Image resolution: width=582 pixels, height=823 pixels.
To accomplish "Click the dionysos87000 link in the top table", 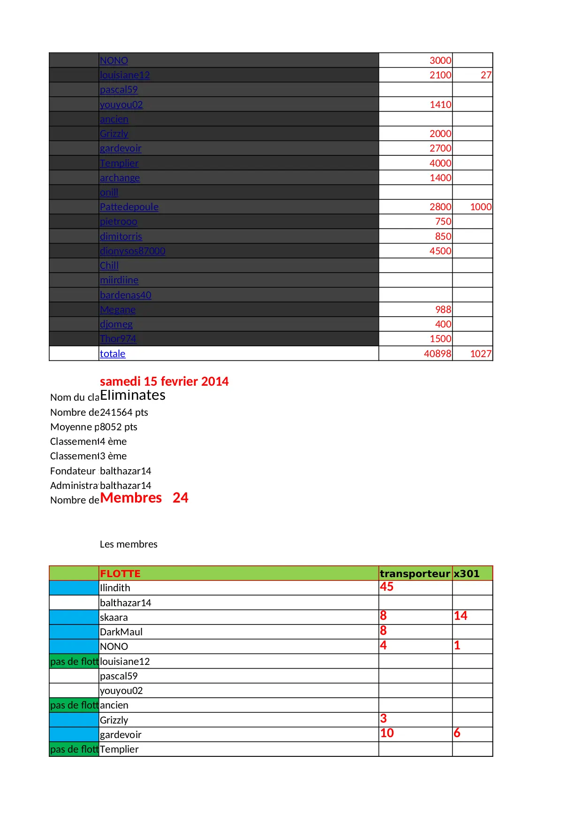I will (132, 251).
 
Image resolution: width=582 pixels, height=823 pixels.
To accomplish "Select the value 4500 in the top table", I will (440, 251).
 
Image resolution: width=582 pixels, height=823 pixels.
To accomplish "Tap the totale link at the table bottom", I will (113, 354).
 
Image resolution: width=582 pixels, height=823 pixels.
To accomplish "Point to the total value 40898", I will (437, 354).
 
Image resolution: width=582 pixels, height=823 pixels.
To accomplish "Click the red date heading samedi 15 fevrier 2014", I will (164, 381).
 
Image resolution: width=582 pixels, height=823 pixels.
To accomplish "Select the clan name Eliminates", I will (133, 395).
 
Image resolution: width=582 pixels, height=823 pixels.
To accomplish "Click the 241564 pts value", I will (124, 412).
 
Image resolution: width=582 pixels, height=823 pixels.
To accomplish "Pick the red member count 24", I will (181, 498).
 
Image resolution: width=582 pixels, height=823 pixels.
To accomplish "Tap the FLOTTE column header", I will (120, 573).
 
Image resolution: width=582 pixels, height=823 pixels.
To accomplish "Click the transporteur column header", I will (415, 573).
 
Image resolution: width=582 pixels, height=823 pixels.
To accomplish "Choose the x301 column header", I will (466, 573).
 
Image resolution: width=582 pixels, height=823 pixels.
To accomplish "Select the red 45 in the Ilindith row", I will (386, 587).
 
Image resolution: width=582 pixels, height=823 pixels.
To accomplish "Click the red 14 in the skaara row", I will (460, 616).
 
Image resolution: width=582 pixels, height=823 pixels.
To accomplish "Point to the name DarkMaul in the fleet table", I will (121, 632).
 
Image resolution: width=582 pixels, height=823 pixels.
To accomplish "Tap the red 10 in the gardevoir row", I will (386, 733).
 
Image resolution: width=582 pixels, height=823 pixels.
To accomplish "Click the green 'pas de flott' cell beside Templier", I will (74, 749).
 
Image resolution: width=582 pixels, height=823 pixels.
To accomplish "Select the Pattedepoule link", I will (129, 207).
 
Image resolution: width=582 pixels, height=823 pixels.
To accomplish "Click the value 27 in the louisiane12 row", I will (486, 75).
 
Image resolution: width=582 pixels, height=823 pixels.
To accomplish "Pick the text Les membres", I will (128, 544).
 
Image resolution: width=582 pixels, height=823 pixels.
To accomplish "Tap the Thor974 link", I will (118, 339).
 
